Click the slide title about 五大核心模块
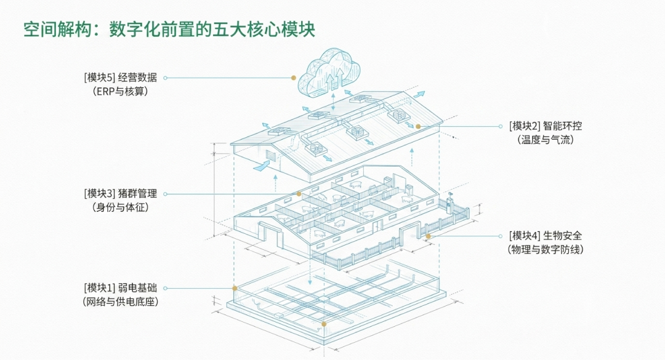click(x=169, y=30)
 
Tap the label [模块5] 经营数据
click(x=121, y=78)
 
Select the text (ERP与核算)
click(x=121, y=91)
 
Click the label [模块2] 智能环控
click(x=546, y=126)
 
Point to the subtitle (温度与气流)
click(x=546, y=140)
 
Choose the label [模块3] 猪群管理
click(x=121, y=194)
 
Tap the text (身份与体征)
click(x=121, y=207)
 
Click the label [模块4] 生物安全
click(x=546, y=235)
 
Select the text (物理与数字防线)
click(x=546, y=249)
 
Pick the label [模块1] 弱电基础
click(x=121, y=288)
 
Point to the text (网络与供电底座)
click(x=121, y=302)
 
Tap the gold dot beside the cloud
click(x=293, y=78)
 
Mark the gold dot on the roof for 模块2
click(x=417, y=126)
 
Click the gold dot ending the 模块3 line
click(x=299, y=194)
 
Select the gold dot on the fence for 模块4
click(x=428, y=236)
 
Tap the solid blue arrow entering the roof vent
click(x=264, y=165)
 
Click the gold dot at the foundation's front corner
click(x=324, y=324)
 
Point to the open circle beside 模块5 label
click(x=166, y=78)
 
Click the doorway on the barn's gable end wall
click(x=270, y=235)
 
